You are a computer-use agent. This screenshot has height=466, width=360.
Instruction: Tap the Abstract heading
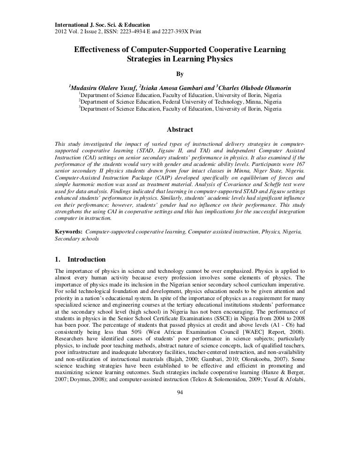tap(180, 130)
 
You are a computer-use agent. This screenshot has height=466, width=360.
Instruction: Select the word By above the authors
tap(180, 74)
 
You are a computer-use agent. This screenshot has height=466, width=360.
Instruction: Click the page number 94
tap(180, 392)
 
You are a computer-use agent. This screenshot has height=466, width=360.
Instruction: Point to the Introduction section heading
tap(87, 260)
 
